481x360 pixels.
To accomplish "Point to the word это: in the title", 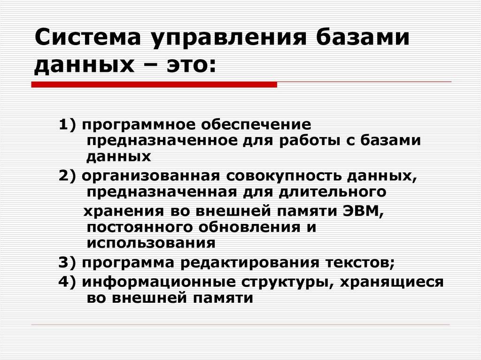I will pos(188,64).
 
